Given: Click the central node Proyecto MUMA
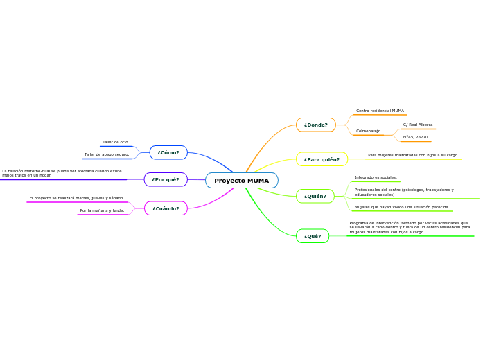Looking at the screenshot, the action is point(241,181).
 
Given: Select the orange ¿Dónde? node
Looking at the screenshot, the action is point(315,125).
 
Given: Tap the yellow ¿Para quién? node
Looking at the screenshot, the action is point(322,159).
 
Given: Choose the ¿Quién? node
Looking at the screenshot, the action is point(315,197).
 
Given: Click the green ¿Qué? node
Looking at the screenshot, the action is point(312,236).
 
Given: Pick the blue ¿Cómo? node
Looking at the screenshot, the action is point(168,152).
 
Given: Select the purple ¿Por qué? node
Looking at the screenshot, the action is point(165,180).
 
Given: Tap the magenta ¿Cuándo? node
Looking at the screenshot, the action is point(166,208).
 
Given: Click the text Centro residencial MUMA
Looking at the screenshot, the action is point(380,111).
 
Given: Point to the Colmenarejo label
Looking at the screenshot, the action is point(368,131).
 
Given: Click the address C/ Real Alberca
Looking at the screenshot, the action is point(418,125).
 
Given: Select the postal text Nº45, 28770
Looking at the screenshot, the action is point(415,137).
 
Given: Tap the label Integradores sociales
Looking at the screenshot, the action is point(376,177).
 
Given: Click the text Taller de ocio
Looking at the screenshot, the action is point(116,142).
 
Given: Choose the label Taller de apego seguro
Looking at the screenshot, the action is point(107,154).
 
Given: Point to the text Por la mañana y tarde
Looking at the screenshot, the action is point(102,210).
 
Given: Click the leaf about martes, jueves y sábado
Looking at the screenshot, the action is point(77,198).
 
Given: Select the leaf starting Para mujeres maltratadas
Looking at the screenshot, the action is point(413,155).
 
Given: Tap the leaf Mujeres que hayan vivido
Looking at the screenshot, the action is point(402,207).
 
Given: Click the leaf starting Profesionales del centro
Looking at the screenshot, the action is point(404,192).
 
